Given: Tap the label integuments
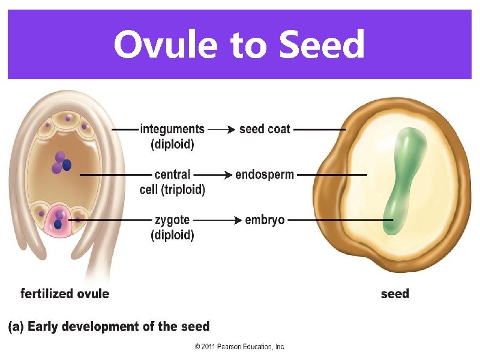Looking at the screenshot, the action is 172,129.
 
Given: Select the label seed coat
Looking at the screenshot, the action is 265,129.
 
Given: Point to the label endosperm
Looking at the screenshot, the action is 265,175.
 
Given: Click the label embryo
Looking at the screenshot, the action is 265,220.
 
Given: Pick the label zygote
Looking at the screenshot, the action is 172,220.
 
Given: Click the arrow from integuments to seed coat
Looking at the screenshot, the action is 221,129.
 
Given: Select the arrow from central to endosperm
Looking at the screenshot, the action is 214,175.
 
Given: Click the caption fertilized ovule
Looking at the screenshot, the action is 65,294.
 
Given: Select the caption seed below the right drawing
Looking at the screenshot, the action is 395,294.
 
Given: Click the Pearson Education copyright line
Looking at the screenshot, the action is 240,347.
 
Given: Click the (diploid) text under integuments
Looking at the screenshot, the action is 172,144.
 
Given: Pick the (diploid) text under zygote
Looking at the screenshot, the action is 172,235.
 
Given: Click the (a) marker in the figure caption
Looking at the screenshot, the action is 16,327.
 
